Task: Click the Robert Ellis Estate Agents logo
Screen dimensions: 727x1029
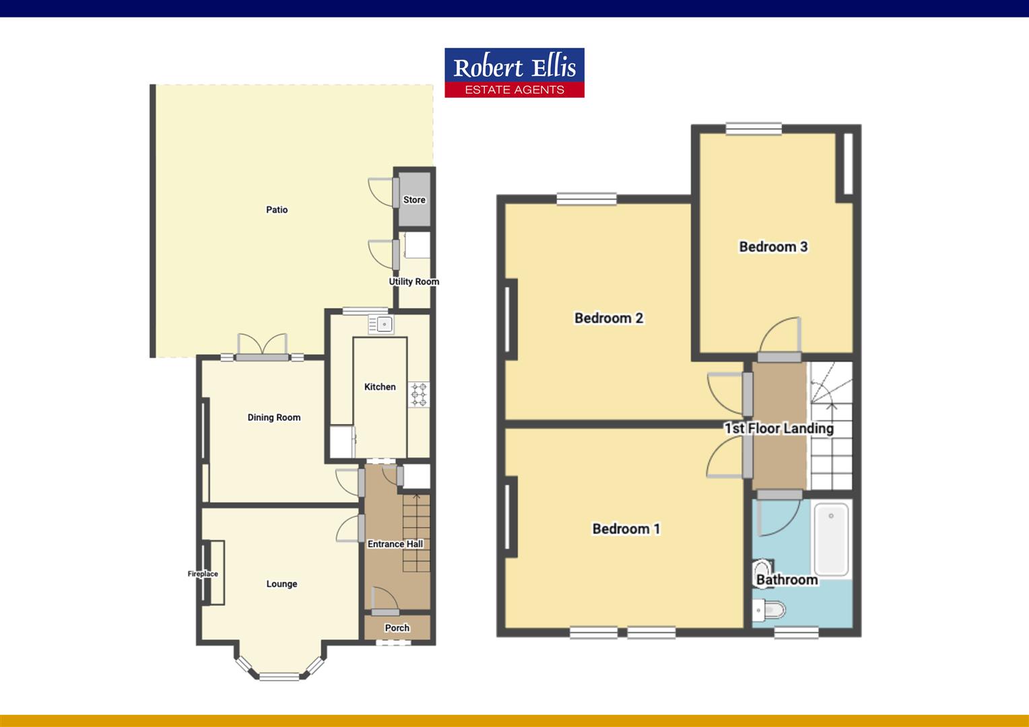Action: tap(514, 73)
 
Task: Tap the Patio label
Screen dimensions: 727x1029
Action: tap(277, 210)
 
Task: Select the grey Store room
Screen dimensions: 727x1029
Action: tap(414, 199)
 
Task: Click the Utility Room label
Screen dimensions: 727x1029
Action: tap(413, 281)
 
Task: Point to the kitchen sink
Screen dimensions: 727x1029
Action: tap(381, 324)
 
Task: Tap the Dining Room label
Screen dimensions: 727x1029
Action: tap(273, 417)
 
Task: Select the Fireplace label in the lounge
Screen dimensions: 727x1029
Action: tap(203, 574)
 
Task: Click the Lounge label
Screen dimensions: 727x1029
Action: tap(281, 584)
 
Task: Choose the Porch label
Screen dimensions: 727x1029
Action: tap(397, 627)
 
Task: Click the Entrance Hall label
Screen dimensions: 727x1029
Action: tap(395, 544)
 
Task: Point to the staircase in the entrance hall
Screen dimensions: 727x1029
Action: tap(416, 532)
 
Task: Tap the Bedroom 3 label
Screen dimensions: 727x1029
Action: tap(773, 246)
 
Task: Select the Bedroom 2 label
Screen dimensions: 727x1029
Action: tap(609, 318)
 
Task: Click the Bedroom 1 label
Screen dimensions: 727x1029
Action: tap(626, 528)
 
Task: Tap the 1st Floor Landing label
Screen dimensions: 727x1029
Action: tap(778, 428)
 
